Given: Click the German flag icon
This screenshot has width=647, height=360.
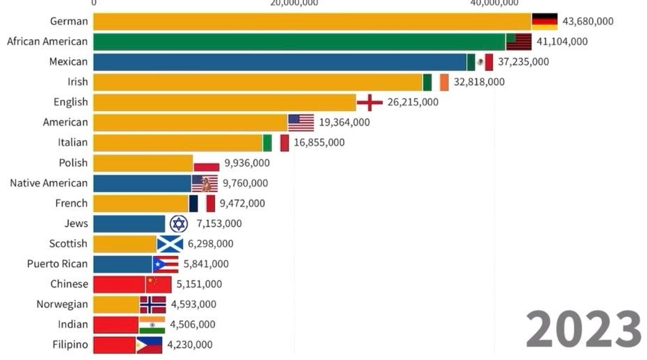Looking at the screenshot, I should tap(544, 22).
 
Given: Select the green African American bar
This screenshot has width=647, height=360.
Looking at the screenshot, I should tap(298, 42).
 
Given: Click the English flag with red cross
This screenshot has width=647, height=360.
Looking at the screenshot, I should tap(370, 102).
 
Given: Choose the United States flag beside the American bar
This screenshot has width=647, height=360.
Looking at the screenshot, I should tap(301, 122).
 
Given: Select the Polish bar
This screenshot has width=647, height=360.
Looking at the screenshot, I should tap(143, 163).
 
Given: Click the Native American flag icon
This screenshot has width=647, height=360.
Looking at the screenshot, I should tap(205, 183).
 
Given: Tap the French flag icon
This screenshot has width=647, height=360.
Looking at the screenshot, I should tap(202, 203).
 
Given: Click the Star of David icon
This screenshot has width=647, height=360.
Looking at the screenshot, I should tap(179, 223).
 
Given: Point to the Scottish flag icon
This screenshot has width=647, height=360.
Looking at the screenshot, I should tap(170, 243).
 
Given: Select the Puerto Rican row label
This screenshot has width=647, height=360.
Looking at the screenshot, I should tap(58, 264).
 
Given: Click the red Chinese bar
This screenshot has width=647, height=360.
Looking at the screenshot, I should tap(119, 284).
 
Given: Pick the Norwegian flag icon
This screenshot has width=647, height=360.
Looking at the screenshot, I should tap(153, 305).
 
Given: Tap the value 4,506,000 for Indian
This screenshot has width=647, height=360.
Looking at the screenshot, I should tap(192, 325).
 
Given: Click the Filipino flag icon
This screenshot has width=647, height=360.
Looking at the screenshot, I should tap(149, 345).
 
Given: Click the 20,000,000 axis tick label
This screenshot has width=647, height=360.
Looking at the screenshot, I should tap(295, 3).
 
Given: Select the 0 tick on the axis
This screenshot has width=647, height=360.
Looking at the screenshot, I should tap(94, 3).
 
